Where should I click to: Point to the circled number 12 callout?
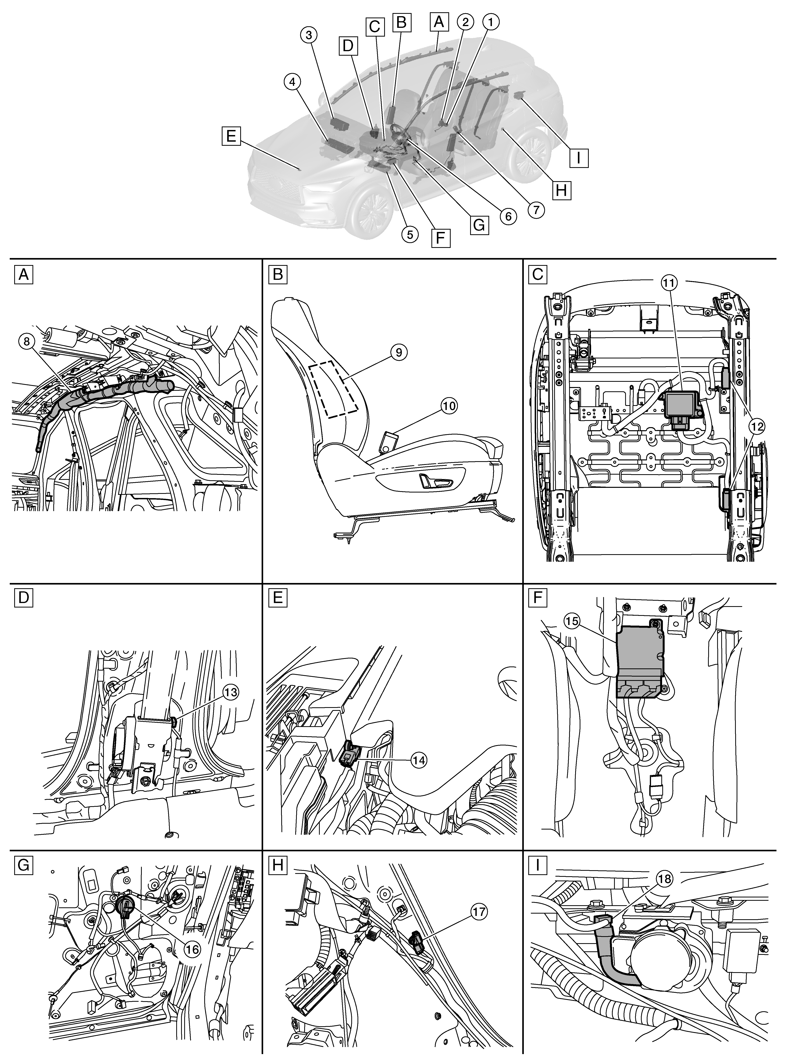(x=757, y=427)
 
